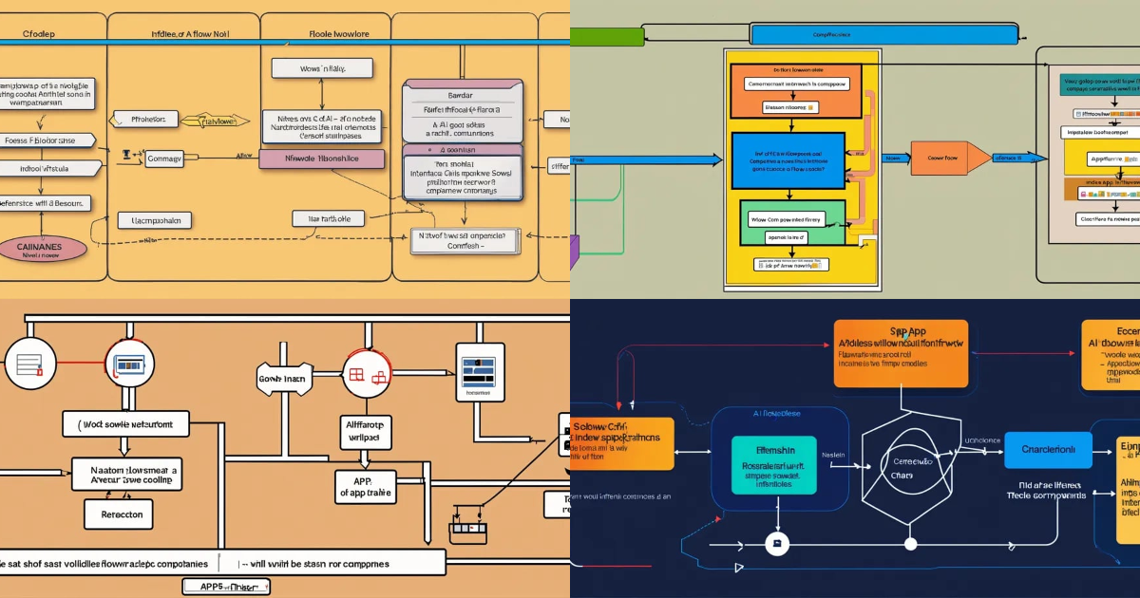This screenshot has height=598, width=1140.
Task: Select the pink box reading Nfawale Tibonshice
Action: (x=321, y=159)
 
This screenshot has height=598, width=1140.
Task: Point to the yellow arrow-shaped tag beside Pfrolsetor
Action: (x=208, y=121)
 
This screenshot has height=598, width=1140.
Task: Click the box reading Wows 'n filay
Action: (x=322, y=68)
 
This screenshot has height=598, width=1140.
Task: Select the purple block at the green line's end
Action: (x=574, y=253)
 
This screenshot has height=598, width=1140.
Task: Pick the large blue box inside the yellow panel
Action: (x=788, y=160)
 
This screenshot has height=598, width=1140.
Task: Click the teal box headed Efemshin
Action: (x=774, y=465)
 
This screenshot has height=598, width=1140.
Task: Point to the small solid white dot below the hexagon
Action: (x=910, y=544)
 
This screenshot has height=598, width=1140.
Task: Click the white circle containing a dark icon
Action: (x=777, y=544)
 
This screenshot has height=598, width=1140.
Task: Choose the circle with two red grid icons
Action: (x=367, y=373)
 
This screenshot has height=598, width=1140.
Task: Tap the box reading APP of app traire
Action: (x=362, y=487)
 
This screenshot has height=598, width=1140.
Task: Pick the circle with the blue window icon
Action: (x=129, y=363)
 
